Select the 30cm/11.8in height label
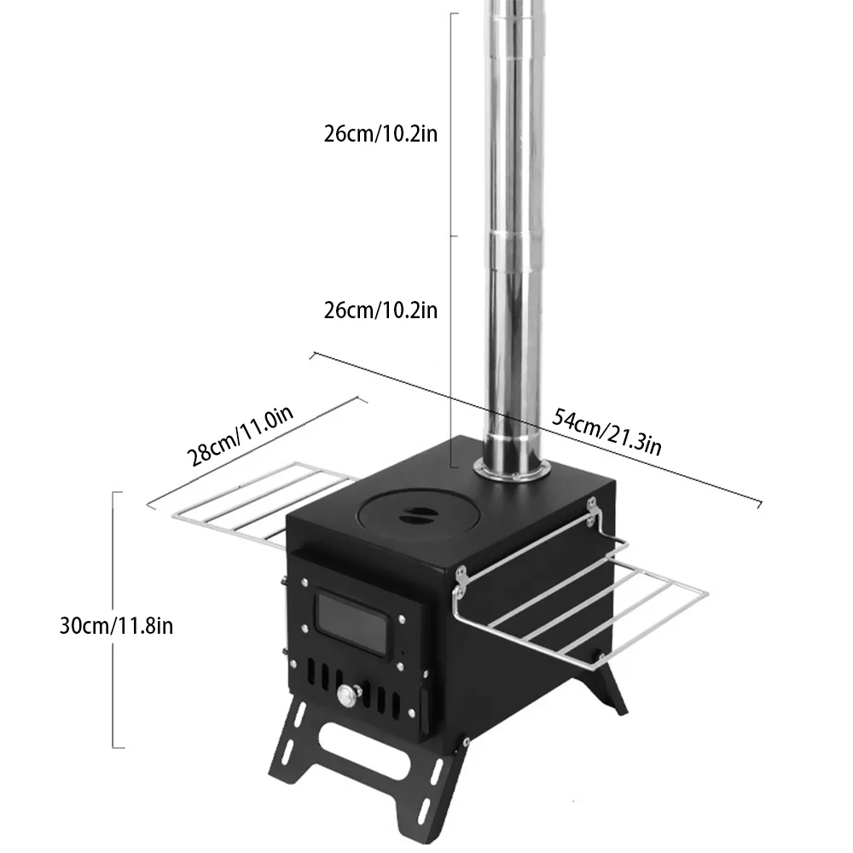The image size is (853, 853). pos(117,625)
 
